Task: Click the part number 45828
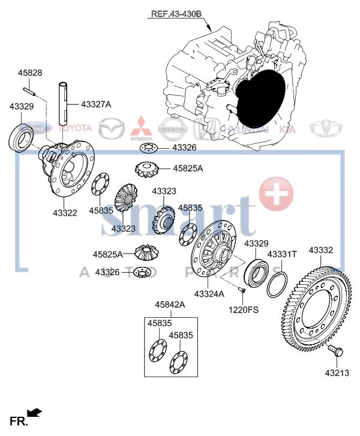29,73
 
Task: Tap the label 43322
64,212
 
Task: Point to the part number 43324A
209,293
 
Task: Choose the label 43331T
282,254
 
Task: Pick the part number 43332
321,249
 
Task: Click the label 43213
337,372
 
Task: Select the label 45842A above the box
169,305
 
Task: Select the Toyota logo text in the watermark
74,128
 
